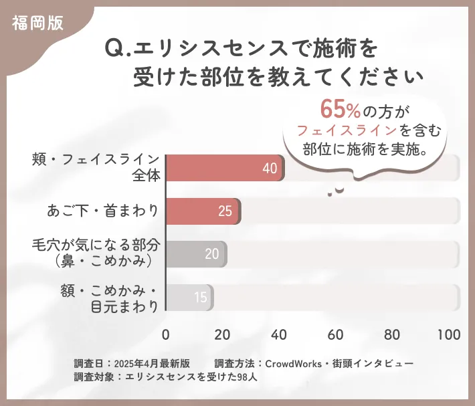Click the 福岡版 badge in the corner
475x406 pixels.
(37, 22)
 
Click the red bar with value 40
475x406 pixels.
(224, 168)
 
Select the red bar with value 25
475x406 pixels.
(202, 211)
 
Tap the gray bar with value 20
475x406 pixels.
(195, 254)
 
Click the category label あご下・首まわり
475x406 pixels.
(103, 211)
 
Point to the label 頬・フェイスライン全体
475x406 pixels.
(96, 168)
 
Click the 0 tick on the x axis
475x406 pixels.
(166, 334)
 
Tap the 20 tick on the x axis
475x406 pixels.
(222, 334)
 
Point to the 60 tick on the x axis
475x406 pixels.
(336, 334)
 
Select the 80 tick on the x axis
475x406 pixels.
(393, 334)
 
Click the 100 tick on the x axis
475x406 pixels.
(448, 334)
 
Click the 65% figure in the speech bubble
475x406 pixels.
(341, 108)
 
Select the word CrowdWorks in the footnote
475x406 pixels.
(292, 363)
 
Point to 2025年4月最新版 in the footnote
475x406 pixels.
(152, 363)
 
